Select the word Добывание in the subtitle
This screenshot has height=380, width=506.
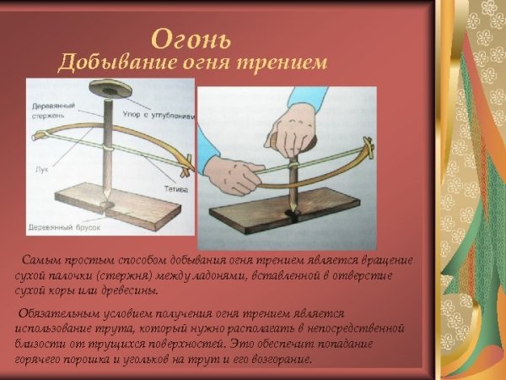pos(108,62)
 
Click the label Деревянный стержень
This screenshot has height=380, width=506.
pos(51,111)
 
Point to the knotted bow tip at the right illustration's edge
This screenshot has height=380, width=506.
pos(368,152)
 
